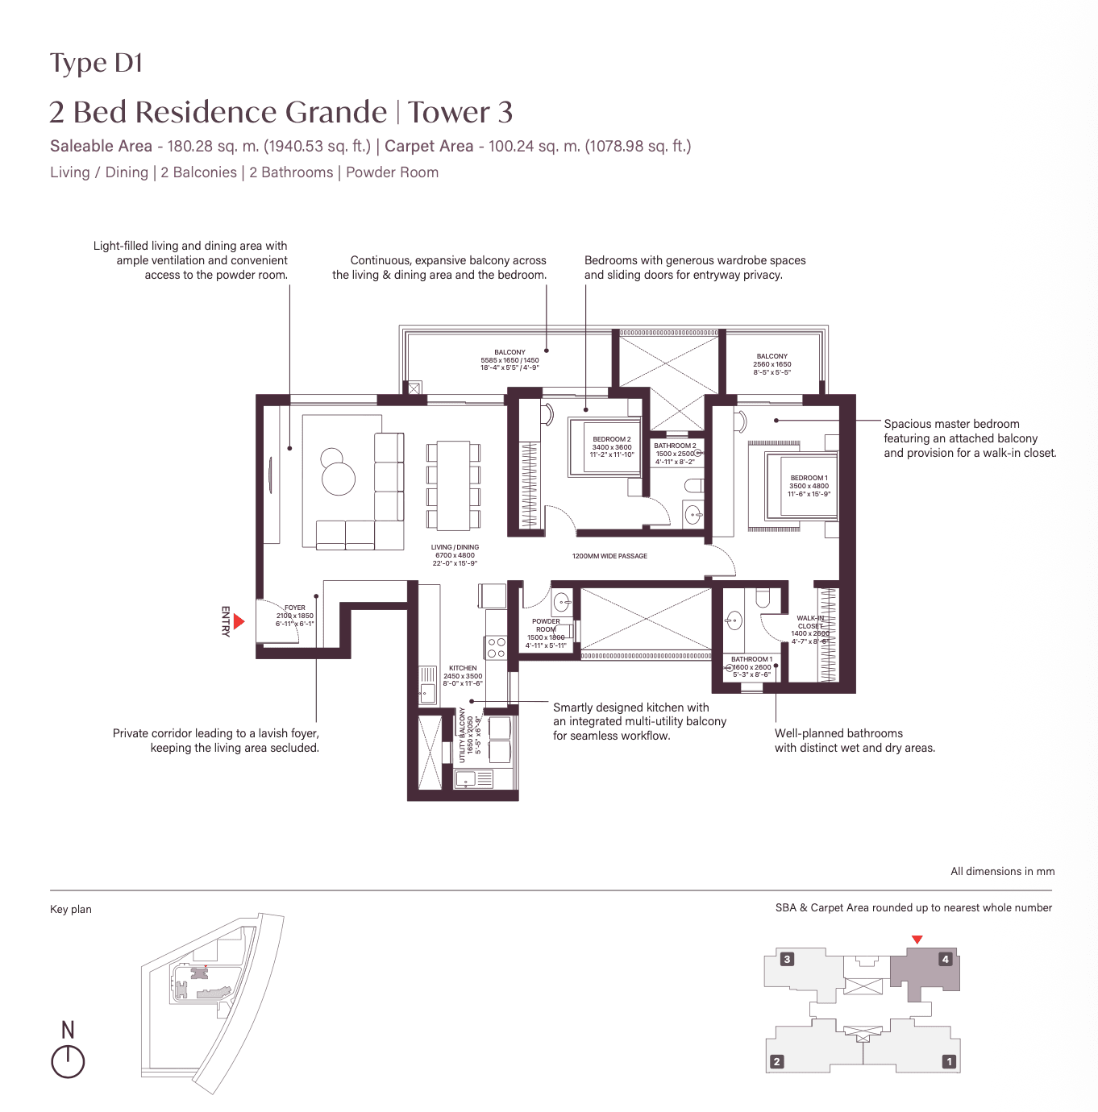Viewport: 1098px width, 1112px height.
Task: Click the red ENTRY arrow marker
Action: [239, 621]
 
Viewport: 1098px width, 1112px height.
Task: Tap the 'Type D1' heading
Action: [96, 64]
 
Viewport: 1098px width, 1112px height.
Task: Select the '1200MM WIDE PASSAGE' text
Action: [609, 556]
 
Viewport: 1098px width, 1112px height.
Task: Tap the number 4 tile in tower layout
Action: [946, 959]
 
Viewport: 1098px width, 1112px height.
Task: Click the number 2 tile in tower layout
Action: [776, 1061]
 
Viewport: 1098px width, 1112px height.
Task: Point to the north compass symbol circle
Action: [68, 1062]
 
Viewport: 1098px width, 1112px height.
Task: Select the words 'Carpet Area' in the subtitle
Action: [429, 146]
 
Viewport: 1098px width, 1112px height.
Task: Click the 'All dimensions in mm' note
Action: [1002, 871]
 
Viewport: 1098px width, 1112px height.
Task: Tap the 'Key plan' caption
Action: [71, 909]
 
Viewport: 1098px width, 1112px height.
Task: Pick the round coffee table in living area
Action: [339, 479]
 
